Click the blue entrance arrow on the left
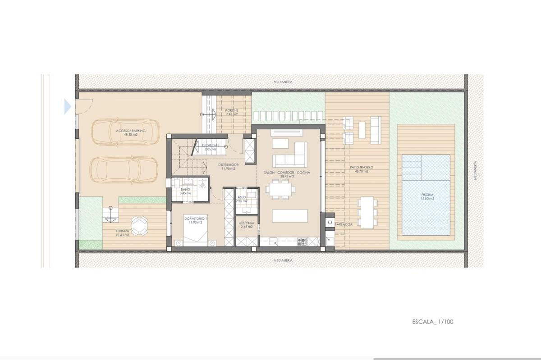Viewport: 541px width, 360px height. click(68, 107)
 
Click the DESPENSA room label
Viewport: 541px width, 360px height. click(247, 225)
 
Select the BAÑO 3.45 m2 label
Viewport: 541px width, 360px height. click(186, 191)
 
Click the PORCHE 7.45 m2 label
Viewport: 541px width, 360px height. click(232, 112)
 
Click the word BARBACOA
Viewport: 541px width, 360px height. click(344, 224)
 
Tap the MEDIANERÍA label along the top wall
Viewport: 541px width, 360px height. click(284, 82)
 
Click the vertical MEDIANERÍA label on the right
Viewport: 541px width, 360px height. click(475, 171)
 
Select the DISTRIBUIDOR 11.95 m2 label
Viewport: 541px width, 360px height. click(229, 167)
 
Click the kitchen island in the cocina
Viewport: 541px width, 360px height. click(283, 216)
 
